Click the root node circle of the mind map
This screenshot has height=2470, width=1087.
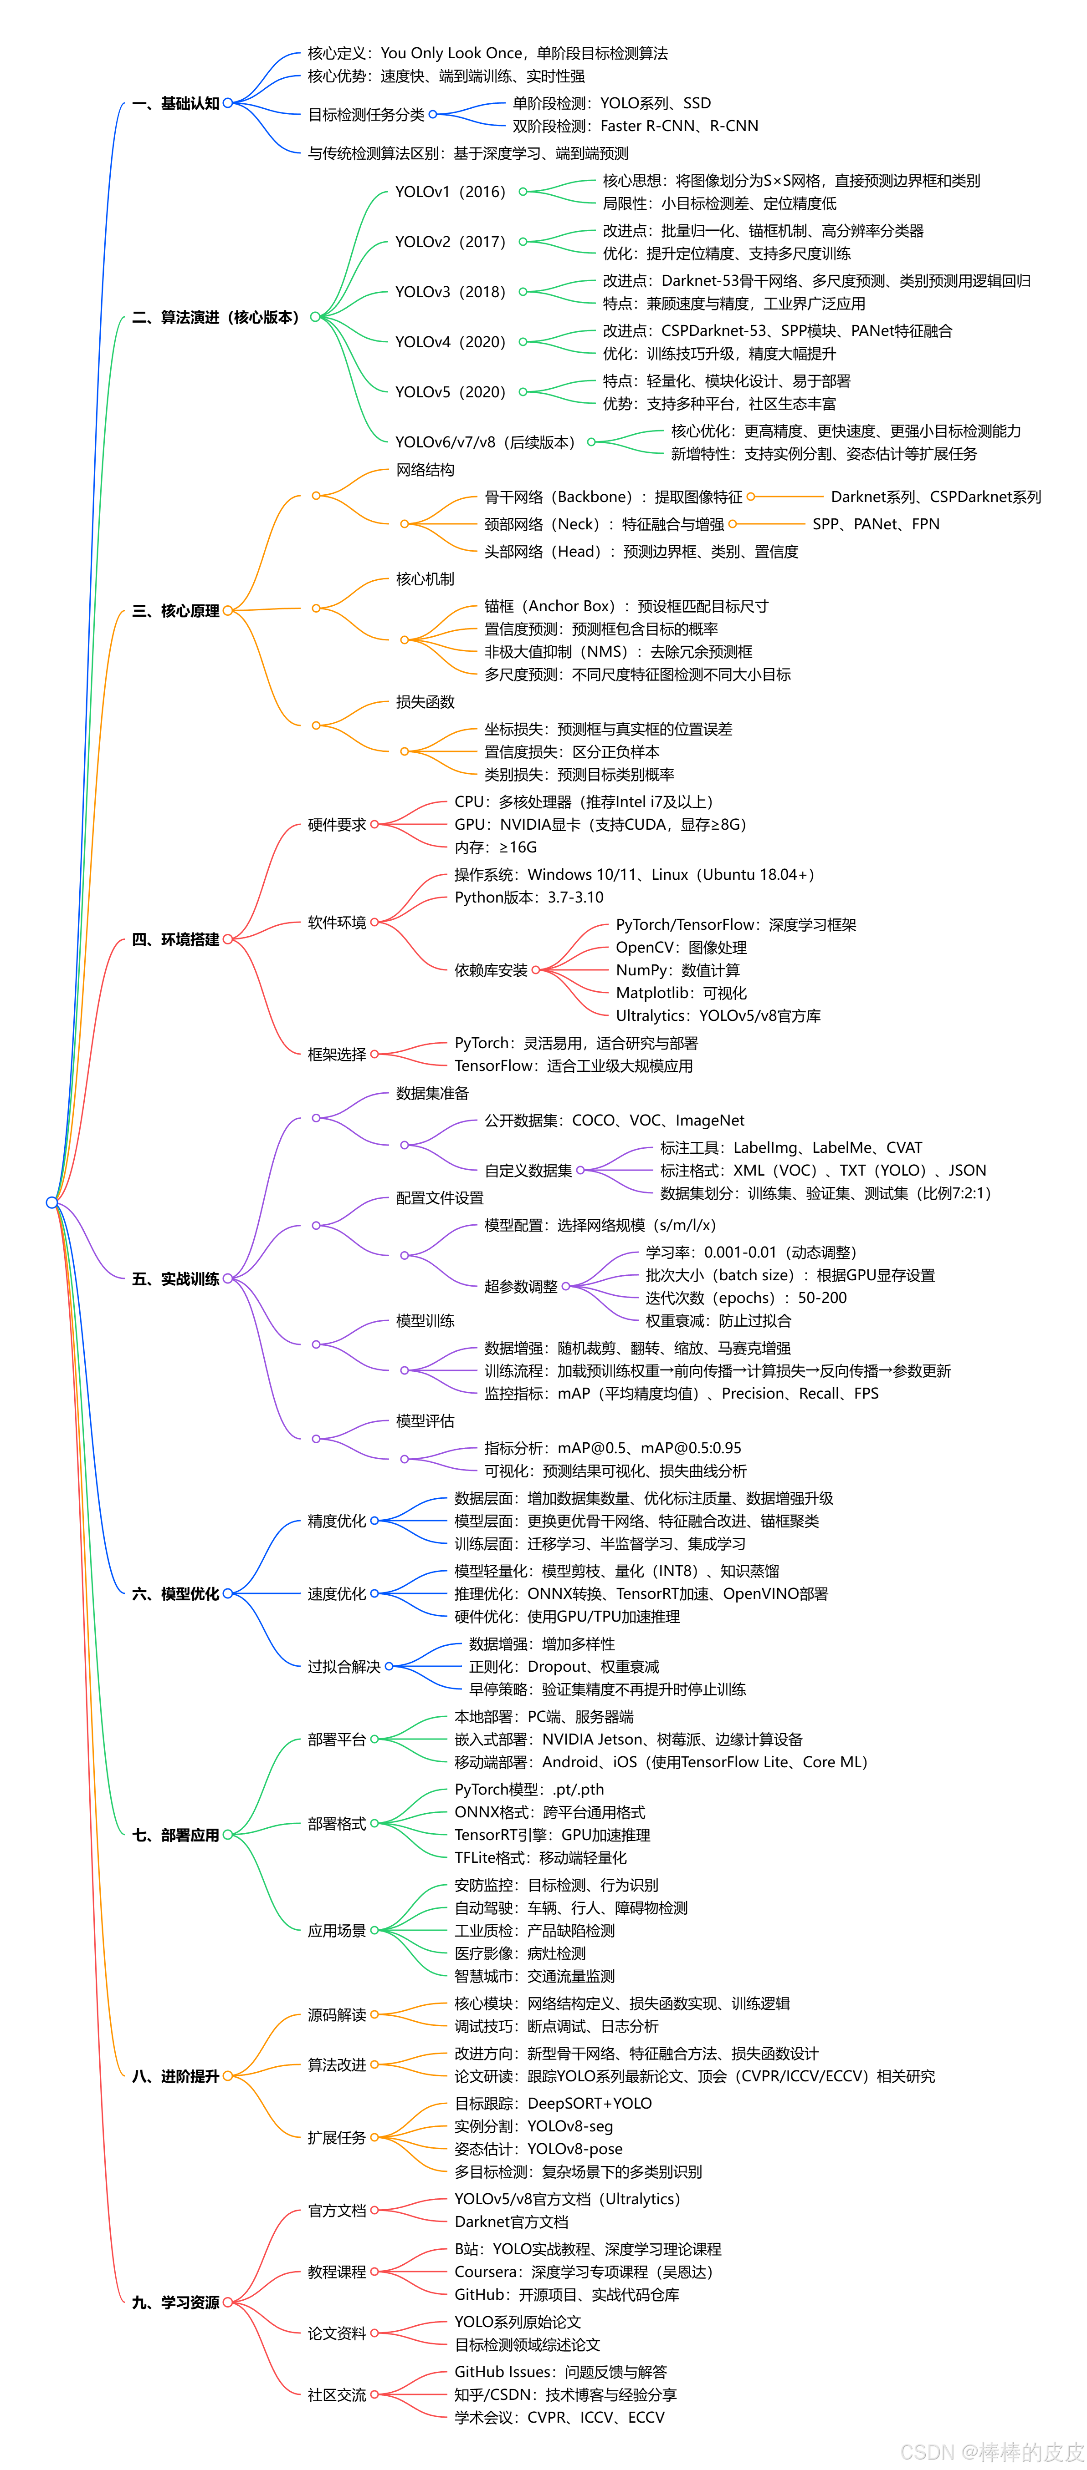click(52, 1202)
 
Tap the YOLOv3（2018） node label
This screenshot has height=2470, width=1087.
click(450, 291)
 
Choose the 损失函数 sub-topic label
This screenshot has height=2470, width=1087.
click(425, 702)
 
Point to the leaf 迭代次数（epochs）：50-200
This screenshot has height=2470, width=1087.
click(745, 1298)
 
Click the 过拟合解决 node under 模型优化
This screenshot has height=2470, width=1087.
click(344, 1667)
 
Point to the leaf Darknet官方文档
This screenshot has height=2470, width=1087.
click(511, 2221)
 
